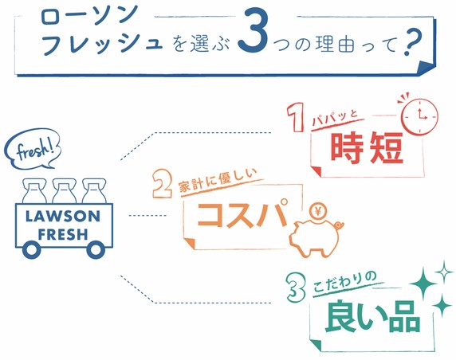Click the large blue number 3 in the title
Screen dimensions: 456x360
click(x=253, y=29)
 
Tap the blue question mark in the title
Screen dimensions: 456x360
click(x=413, y=41)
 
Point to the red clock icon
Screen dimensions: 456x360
click(x=419, y=116)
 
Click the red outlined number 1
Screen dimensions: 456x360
click(x=296, y=117)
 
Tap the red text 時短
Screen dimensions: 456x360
click(x=368, y=147)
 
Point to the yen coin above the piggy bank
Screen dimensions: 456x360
click(x=318, y=212)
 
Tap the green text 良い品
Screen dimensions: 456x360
click(x=372, y=317)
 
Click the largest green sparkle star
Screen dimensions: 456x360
click(x=423, y=284)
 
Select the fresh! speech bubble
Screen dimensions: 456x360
click(x=33, y=149)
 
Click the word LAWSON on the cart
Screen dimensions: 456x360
click(x=62, y=217)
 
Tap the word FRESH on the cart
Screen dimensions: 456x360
click(x=63, y=234)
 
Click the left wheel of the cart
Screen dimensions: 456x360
click(x=31, y=249)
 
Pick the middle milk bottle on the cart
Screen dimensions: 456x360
click(x=65, y=191)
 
